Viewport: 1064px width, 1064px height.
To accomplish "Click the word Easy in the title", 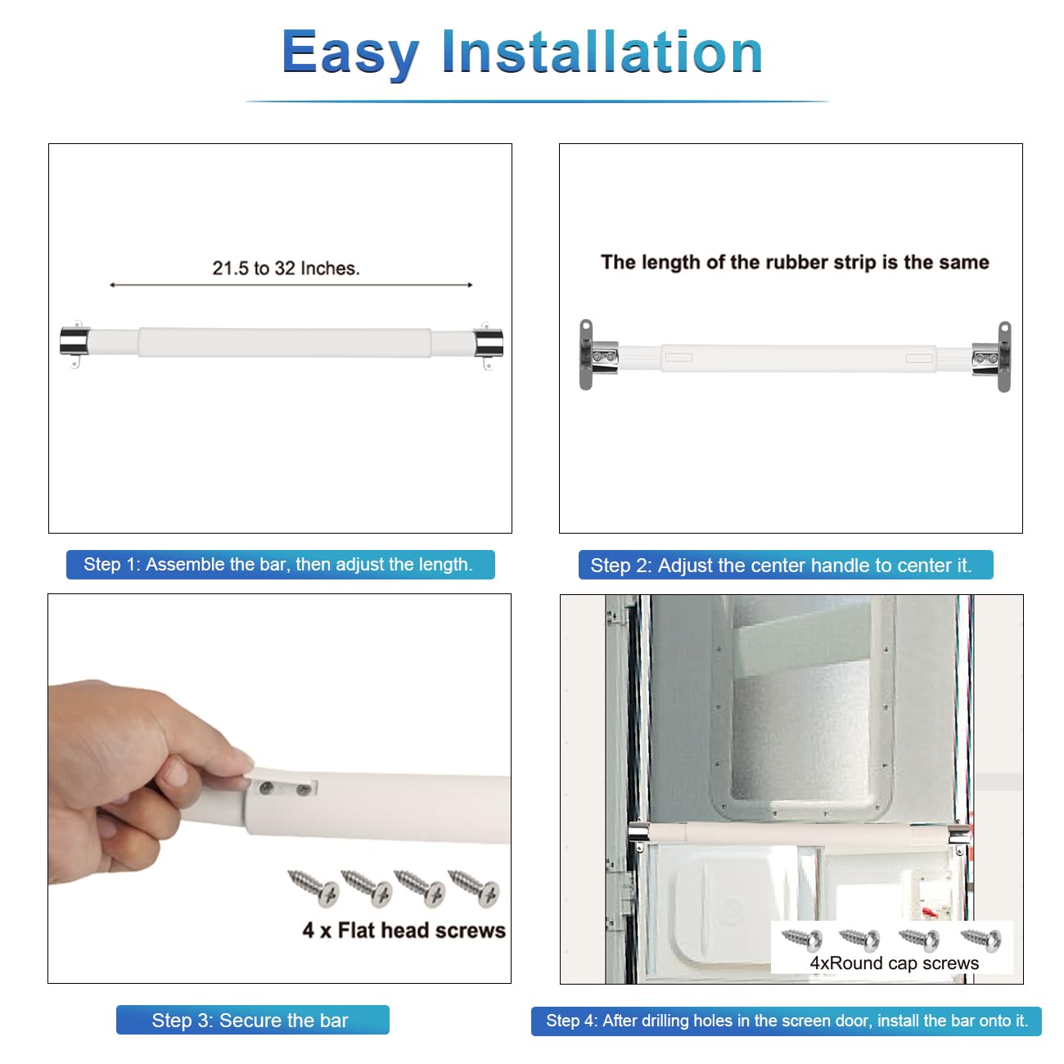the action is [350, 53].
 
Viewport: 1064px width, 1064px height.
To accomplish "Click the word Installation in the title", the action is [602, 52].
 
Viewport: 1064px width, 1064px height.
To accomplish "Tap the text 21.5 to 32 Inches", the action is [286, 268].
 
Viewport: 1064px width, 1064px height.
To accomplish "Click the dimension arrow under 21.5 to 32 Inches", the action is [291, 285].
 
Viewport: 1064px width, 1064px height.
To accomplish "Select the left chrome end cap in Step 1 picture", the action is [74, 342].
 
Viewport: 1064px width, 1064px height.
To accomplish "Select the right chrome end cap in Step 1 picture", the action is [488, 343].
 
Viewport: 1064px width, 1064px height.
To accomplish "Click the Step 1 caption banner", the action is [281, 564].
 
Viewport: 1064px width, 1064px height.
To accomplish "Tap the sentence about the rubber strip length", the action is [795, 262].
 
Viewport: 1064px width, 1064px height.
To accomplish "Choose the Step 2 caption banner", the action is [786, 565].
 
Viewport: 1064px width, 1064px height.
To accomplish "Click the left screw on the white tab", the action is [266, 788].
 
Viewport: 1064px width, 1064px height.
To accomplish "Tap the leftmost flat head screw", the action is [313, 887].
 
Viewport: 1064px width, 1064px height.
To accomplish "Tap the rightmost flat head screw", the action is [474, 887].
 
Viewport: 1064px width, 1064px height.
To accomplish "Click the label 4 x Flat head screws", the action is [404, 931].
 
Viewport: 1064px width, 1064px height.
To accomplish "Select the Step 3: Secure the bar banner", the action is [252, 1020].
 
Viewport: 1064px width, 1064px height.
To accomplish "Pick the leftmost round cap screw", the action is [802, 940].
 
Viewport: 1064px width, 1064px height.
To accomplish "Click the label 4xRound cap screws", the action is [894, 963].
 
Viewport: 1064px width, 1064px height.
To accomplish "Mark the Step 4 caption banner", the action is [787, 1021].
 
